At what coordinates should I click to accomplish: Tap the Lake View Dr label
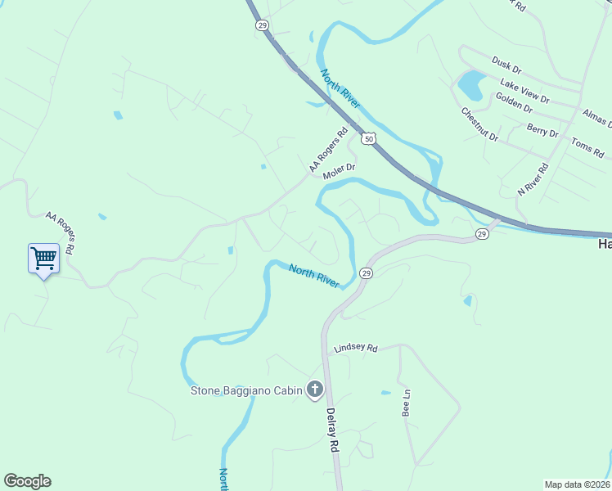tap(524, 91)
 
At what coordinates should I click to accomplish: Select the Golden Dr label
tap(514, 102)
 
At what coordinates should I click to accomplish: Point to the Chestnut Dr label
tap(479, 124)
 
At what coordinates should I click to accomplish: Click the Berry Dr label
tap(542, 131)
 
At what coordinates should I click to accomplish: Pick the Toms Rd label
tap(587, 147)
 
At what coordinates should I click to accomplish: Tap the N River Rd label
tap(532, 179)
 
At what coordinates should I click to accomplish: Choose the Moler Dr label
tap(340, 172)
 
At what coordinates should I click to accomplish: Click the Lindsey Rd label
tap(356, 349)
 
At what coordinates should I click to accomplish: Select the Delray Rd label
tap(332, 431)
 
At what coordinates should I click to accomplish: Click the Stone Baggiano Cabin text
tap(246, 390)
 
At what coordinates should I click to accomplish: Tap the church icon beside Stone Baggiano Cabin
tap(314, 390)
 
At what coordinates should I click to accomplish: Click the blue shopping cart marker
tap(43, 259)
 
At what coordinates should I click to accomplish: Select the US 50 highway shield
tap(369, 139)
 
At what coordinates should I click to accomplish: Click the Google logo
tap(27, 481)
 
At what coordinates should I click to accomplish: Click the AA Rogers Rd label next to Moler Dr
tap(328, 150)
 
